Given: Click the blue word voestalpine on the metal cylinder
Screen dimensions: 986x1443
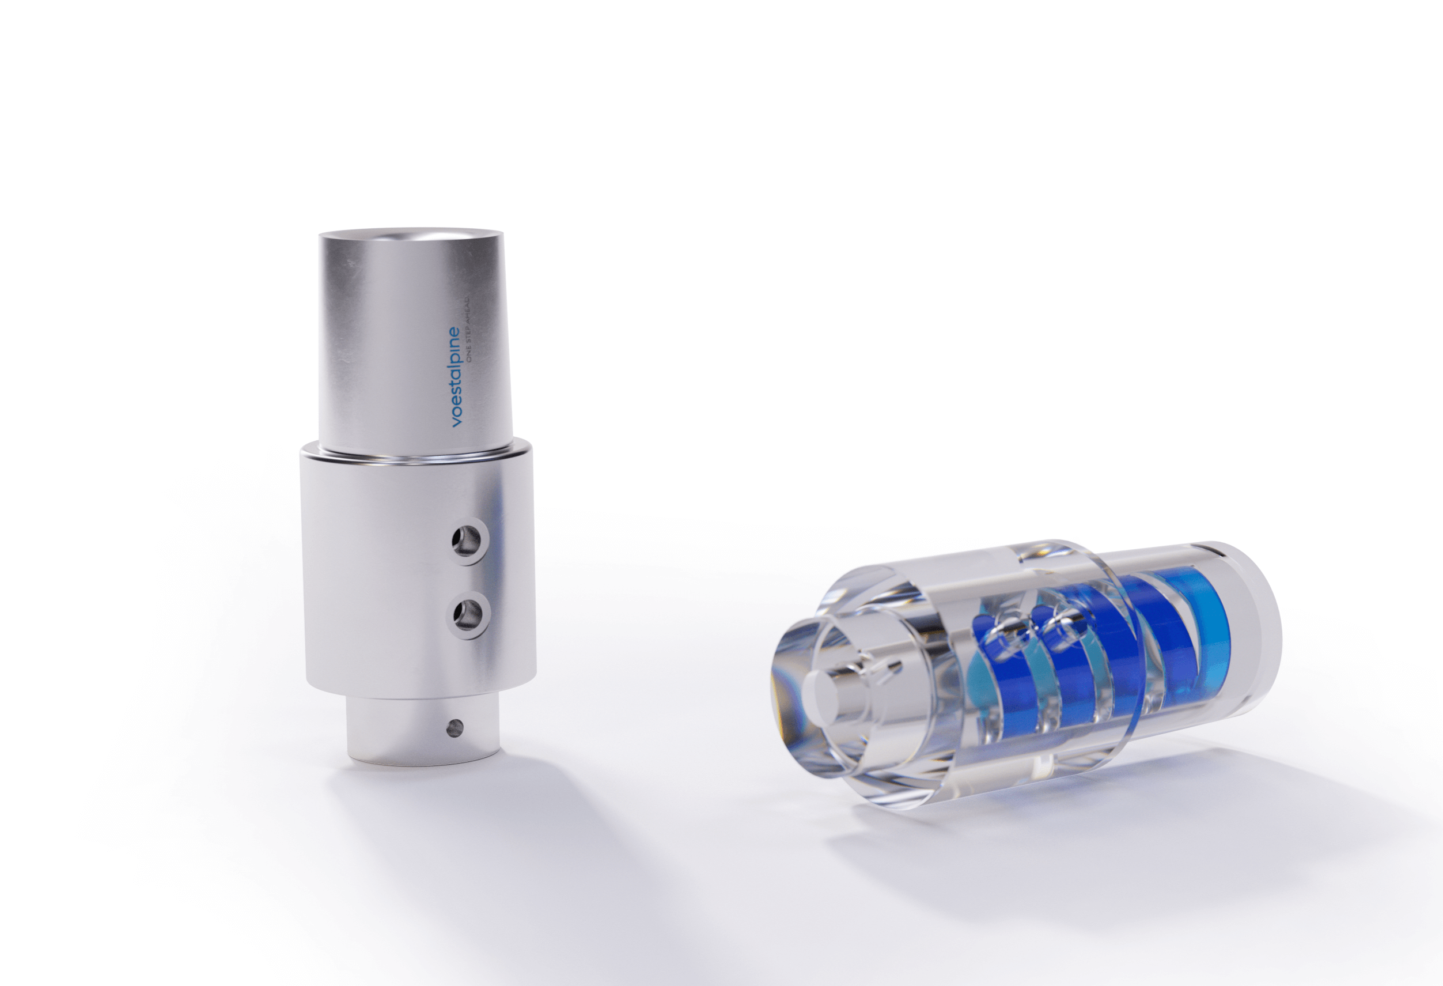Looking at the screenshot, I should (456, 376).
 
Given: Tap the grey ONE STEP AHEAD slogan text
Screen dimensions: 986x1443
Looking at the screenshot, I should (470, 335).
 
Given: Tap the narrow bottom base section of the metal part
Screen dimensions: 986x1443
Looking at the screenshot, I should (422, 733).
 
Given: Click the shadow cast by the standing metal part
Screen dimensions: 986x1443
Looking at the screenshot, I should (497, 857).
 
